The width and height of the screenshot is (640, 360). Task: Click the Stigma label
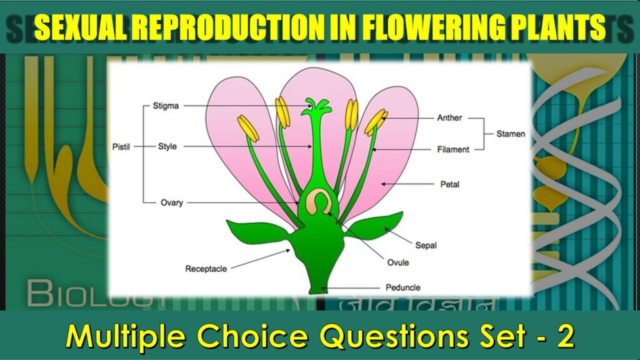point(166,106)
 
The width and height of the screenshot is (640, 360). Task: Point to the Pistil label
point(122,147)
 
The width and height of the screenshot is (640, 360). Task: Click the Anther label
point(449,117)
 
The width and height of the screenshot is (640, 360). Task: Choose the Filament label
point(453,149)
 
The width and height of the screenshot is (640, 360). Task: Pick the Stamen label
point(511,134)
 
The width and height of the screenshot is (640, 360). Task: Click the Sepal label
point(426,246)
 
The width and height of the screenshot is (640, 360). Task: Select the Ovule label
point(398,262)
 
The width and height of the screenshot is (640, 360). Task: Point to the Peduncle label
point(402,287)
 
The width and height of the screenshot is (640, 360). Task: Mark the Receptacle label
point(206,269)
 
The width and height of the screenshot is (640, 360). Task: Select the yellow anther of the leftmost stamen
point(247,128)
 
